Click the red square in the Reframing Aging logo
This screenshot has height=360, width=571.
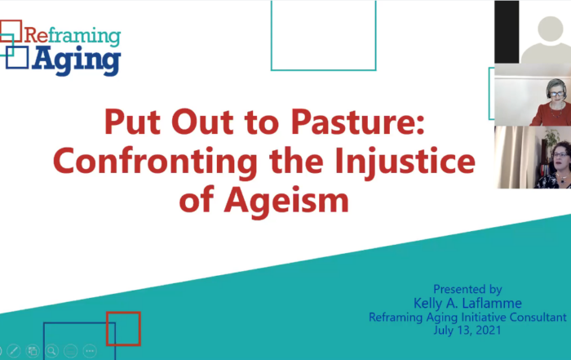point(11,31)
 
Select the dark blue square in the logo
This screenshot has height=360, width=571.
point(17,58)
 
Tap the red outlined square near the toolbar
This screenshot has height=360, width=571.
point(123,329)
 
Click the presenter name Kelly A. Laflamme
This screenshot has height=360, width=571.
point(467,303)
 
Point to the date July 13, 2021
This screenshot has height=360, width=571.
point(467,331)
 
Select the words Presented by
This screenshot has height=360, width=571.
point(467,289)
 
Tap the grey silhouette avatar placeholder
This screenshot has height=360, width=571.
point(546,40)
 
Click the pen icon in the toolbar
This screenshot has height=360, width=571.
point(14,351)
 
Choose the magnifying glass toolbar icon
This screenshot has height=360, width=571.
point(51,351)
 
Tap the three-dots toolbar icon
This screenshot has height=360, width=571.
point(90,351)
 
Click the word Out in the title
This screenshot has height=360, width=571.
point(202,122)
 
